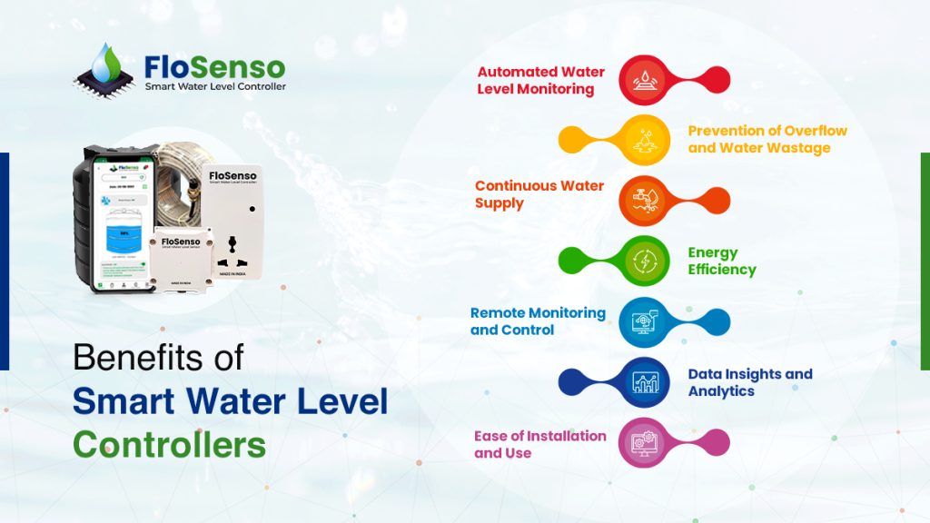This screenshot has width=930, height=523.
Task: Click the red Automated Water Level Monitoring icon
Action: (x=644, y=80)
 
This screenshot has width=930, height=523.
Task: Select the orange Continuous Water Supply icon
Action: (x=644, y=200)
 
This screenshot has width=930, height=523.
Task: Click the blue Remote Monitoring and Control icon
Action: (x=644, y=321)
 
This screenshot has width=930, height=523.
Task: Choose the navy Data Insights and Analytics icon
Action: (x=644, y=381)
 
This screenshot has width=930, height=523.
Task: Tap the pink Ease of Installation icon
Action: (x=644, y=442)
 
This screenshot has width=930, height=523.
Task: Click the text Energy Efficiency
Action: (x=722, y=261)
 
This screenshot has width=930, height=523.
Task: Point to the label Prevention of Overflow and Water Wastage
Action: (x=767, y=139)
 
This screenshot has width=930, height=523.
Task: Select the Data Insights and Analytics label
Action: (x=749, y=382)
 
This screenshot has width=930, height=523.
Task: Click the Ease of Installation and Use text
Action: (x=539, y=444)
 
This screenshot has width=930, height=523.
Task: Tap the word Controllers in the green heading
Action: (x=169, y=445)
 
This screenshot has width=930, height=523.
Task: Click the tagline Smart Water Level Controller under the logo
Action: (x=215, y=87)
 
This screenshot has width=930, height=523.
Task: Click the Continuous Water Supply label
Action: (x=539, y=194)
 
